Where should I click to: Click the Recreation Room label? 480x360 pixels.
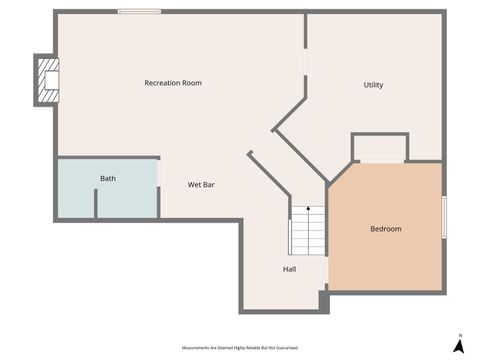(x=173, y=83)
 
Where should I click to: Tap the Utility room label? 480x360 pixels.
(x=373, y=85)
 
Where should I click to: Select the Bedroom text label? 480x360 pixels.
(x=386, y=229)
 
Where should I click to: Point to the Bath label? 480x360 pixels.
(x=107, y=179)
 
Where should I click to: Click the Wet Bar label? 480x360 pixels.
(x=202, y=185)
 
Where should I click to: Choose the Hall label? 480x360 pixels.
(x=289, y=268)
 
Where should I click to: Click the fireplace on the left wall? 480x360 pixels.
(x=47, y=79)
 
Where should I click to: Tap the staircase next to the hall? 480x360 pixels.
(x=307, y=231)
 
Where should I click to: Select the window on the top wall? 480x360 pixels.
(x=139, y=12)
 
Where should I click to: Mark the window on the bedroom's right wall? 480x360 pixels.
(x=443, y=217)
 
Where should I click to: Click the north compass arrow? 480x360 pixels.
(x=458, y=345)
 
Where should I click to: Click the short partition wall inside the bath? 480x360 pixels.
(x=95, y=203)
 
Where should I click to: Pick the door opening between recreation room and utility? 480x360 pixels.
(x=305, y=61)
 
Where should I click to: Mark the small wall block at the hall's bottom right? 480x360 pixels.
(x=322, y=299)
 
